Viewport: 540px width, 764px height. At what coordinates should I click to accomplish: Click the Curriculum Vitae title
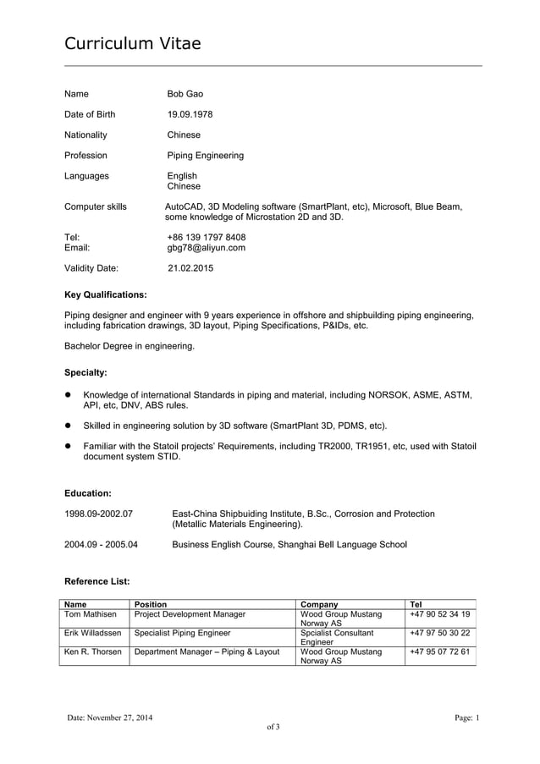pyautogui.click(x=133, y=43)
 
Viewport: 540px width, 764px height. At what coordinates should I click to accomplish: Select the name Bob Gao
pyautogui.click(x=185, y=94)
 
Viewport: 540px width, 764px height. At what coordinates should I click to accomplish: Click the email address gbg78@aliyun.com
pyautogui.click(x=206, y=248)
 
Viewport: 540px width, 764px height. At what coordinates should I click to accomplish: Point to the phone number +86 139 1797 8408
pyautogui.click(x=207, y=237)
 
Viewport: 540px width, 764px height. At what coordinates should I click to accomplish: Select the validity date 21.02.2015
pyautogui.click(x=190, y=268)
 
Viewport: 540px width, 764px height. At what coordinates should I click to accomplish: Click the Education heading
pyautogui.click(x=88, y=492)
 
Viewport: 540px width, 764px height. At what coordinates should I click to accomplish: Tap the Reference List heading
pyautogui.click(x=97, y=581)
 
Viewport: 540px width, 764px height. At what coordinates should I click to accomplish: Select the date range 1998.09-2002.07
pyautogui.click(x=98, y=514)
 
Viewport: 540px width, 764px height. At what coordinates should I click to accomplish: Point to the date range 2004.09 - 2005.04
pyautogui.click(x=102, y=544)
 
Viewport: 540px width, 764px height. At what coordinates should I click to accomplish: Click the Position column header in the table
pyautogui.click(x=151, y=604)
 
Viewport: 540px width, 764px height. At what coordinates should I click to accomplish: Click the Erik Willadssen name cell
pyautogui.click(x=93, y=633)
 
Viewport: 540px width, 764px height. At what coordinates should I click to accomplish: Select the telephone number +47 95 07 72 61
pyautogui.click(x=439, y=651)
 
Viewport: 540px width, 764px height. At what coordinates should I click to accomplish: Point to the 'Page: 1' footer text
pyautogui.click(x=466, y=718)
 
